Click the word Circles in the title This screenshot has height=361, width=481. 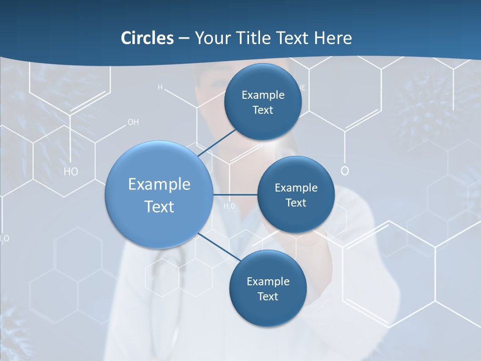click(x=147, y=38)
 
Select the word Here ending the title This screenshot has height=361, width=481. click(x=333, y=38)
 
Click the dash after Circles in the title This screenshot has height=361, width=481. click(x=184, y=39)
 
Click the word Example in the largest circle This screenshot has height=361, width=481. click(x=159, y=185)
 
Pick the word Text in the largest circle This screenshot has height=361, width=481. click(x=159, y=207)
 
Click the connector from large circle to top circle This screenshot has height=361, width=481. click(x=217, y=142)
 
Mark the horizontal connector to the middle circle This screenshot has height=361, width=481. click(x=235, y=195)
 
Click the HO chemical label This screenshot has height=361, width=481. click(x=71, y=172)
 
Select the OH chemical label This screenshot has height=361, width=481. click(x=133, y=122)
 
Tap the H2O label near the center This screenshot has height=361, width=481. click(x=229, y=206)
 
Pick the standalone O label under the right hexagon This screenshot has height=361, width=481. click(x=345, y=171)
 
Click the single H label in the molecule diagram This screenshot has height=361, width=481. click(x=160, y=87)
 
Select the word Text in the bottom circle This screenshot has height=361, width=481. click(x=268, y=296)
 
